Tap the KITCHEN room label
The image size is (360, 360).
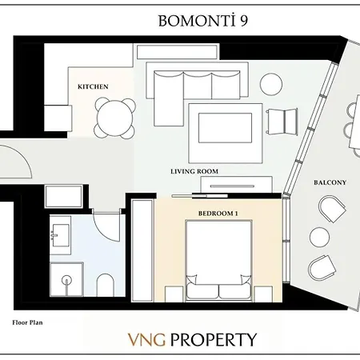click(x=93, y=86)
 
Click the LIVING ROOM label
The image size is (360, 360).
click(x=194, y=171)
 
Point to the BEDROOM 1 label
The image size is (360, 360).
click(x=219, y=214)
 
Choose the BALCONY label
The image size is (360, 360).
click(x=330, y=182)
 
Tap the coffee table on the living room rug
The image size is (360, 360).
click(x=224, y=126)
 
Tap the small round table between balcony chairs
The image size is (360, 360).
click(x=320, y=236)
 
